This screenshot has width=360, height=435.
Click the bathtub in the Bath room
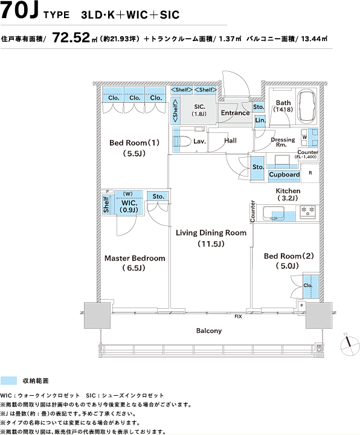(x=306, y=107)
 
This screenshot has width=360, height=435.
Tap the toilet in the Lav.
(x=182, y=141)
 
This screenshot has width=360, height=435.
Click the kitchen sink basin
(x=274, y=213)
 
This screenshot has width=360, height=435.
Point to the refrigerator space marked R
(x=310, y=173)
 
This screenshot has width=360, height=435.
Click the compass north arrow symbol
(x=350, y=345)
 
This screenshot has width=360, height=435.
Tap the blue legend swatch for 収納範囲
(x=8, y=381)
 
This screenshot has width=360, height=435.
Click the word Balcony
(x=209, y=330)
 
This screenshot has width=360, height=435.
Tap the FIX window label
(x=238, y=317)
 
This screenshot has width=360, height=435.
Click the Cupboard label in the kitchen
(x=284, y=175)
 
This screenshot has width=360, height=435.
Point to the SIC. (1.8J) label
(x=199, y=110)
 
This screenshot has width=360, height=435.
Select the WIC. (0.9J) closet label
(x=129, y=206)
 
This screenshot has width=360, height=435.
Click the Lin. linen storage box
(x=260, y=120)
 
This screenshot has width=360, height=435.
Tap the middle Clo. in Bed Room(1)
(x=135, y=98)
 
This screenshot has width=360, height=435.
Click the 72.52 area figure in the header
(x=71, y=37)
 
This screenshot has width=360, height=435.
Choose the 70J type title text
(x=19, y=11)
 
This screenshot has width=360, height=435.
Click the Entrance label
(x=235, y=113)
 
